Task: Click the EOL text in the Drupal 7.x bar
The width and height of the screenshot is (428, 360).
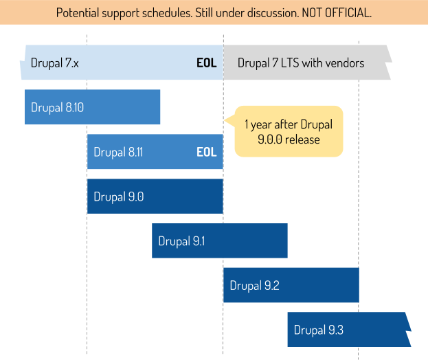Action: point(206,63)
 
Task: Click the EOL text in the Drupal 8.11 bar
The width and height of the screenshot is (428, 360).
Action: point(206,152)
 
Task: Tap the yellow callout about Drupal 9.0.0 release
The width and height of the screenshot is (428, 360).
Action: point(289,131)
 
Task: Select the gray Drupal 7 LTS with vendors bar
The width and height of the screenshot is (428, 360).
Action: point(306,63)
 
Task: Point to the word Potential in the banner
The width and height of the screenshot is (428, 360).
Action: point(80,13)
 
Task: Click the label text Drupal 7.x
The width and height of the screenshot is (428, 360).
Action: point(55,63)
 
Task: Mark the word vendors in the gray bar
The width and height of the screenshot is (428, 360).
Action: point(343,63)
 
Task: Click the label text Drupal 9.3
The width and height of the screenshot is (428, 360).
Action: point(318,330)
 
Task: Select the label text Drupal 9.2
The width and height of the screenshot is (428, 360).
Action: point(254,285)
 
